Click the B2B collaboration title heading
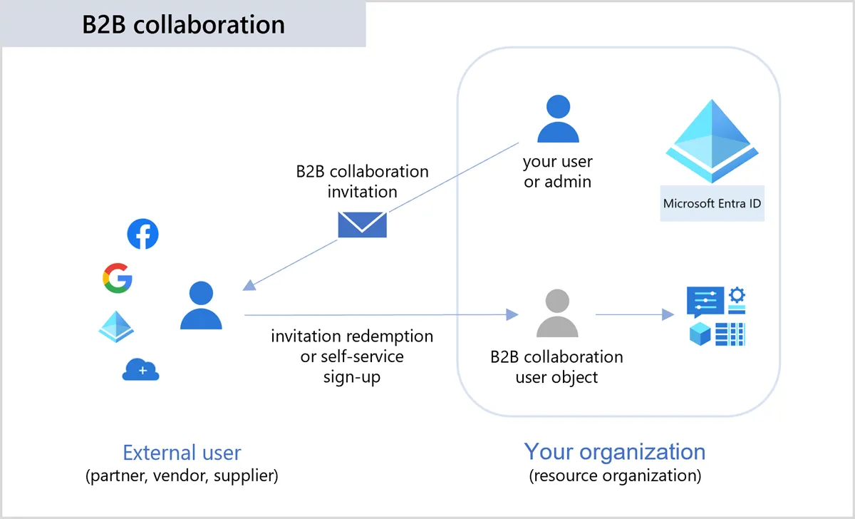184,25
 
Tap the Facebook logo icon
142,234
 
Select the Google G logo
118,278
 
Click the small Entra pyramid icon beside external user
117,327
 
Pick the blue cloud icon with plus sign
141,369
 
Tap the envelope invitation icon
362,224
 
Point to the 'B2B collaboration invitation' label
362,181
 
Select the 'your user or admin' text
558,171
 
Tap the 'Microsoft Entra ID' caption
712,203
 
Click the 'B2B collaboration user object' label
556,366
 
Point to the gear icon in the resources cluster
737,295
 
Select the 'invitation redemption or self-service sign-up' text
352,356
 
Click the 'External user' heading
182,453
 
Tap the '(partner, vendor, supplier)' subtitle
182,476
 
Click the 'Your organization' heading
615,451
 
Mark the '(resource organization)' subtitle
615,476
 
